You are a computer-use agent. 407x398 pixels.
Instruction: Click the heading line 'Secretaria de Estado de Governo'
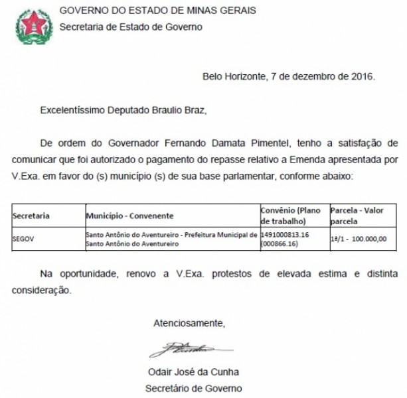click(x=131, y=27)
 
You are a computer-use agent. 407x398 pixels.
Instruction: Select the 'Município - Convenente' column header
click(x=130, y=216)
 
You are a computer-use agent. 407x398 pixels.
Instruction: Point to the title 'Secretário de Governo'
click(x=194, y=388)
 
